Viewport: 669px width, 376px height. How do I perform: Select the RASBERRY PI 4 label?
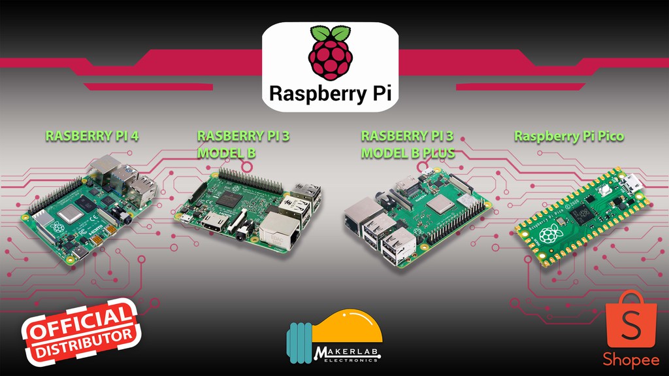pos(92,137)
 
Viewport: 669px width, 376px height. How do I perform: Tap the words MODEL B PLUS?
pos(408,153)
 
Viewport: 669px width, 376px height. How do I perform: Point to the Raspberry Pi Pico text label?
pos(568,136)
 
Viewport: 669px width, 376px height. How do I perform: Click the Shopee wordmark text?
pos(630,360)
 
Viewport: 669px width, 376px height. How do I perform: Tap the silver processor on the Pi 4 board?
pos(69,213)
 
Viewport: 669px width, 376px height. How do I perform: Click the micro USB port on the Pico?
pos(632,182)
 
